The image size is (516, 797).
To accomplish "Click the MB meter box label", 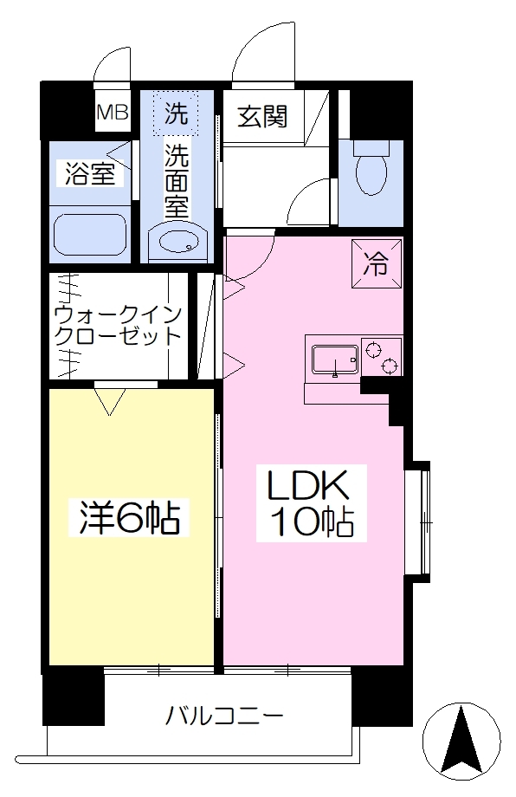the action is click(x=113, y=112).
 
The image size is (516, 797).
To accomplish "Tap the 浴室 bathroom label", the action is click(x=90, y=174).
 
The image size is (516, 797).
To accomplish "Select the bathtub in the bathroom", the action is click(x=90, y=234).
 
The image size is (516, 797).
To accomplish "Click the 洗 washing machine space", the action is click(x=177, y=113).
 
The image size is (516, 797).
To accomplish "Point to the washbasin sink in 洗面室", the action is click(x=177, y=242).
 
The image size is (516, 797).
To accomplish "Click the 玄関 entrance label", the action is click(x=263, y=117).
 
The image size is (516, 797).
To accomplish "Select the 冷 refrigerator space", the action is click(x=377, y=264).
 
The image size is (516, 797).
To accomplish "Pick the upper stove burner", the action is click(x=373, y=350).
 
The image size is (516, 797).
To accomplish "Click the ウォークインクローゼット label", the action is click(x=118, y=326).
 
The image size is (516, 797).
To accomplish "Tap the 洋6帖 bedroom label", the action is click(x=129, y=517).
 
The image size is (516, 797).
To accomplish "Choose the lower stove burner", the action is click(x=390, y=366).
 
